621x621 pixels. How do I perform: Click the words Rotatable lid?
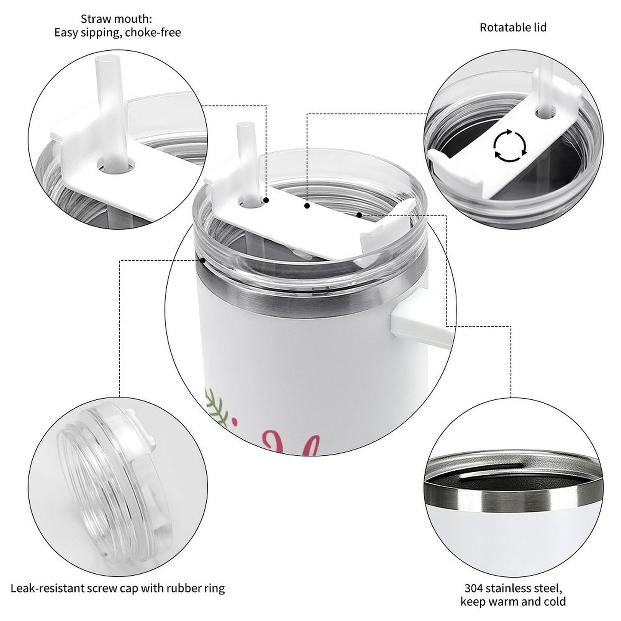[x=513, y=28]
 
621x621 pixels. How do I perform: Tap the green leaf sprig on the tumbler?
[x=216, y=407]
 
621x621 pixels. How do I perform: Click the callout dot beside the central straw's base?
[x=266, y=200]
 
